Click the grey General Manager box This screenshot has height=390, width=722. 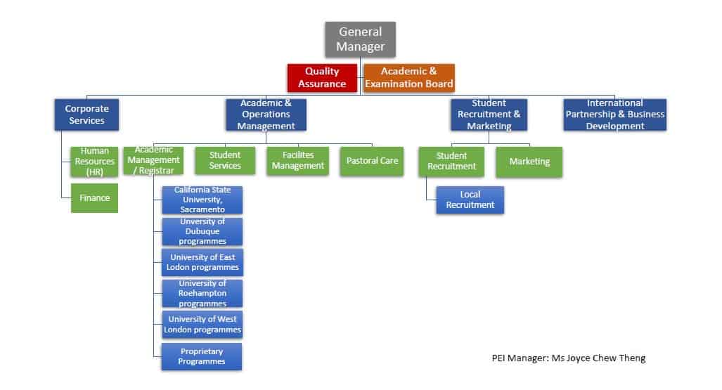pos(360,39)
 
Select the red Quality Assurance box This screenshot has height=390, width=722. pos(322,77)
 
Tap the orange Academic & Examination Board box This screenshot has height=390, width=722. pos(408,77)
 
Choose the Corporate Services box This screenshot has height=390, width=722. pos(87,115)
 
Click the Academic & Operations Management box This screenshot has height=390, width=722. pos(266,115)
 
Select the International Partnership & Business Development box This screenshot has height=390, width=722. pos(615,115)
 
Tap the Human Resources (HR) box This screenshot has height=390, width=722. pos(95,162)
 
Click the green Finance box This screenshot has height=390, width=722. pos(95,198)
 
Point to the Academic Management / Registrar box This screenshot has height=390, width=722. pos(153,160)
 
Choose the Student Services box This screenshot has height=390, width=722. pos(225,161)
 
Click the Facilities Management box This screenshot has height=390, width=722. pos(298,161)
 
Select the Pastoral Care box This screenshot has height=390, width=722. pos(372,161)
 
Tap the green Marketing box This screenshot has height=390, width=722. pos(529,162)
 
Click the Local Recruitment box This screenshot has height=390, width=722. pos(470,200)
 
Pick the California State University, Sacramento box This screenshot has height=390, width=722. pos(202,200)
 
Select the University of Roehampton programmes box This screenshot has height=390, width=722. pos(202,294)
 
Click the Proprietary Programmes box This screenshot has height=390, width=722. pos(202,356)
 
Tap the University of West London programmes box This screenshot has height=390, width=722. pos(202,325)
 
